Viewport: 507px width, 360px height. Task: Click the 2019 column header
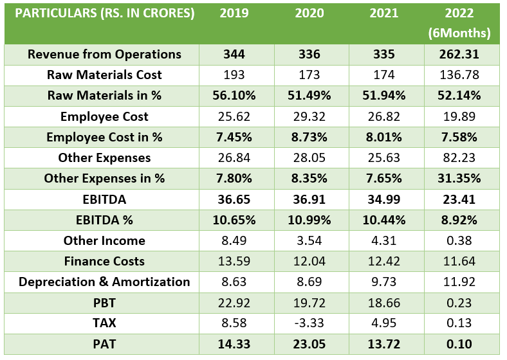click(x=234, y=14)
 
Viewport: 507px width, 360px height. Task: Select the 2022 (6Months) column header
click(x=459, y=23)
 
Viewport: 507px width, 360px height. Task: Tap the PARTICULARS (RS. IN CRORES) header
click(x=104, y=14)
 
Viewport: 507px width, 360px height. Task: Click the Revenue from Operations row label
click(x=104, y=54)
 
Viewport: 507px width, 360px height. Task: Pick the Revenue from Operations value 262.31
click(x=459, y=54)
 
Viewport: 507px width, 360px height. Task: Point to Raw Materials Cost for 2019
click(x=234, y=75)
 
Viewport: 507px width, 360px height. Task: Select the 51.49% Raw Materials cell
click(x=309, y=95)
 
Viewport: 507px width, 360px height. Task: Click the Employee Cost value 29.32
click(x=309, y=116)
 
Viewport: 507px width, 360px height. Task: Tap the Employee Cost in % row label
click(x=104, y=137)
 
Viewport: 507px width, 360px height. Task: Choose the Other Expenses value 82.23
click(x=459, y=157)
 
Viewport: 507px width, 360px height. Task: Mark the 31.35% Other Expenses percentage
click(x=459, y=178)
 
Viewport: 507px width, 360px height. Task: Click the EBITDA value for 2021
click(x=384, y=199)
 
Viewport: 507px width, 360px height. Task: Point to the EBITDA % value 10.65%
click(x=234, y=220)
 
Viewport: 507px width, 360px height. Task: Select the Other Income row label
click(x=104, y=240)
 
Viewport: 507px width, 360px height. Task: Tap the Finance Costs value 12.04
click(x=309, y=261)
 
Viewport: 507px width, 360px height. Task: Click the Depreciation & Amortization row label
click(x=104, y=282)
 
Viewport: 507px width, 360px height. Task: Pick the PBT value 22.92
click(x=234, y=303)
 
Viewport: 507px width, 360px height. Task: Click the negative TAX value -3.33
click(x=309, y=323)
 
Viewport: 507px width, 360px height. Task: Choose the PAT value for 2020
click(x=309, y=344)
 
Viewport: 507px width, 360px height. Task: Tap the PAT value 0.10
click(x=459, y=344)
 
